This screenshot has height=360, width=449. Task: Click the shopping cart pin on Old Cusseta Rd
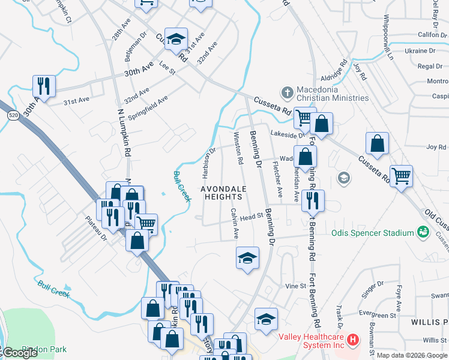(401, 175)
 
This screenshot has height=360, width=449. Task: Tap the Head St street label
(252, 217)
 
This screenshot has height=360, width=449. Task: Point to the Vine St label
(295, 286)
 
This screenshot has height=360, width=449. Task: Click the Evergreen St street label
(378, 314)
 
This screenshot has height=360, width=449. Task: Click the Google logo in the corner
(20, 353)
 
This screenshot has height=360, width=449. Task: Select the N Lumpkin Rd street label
(124, 132)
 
